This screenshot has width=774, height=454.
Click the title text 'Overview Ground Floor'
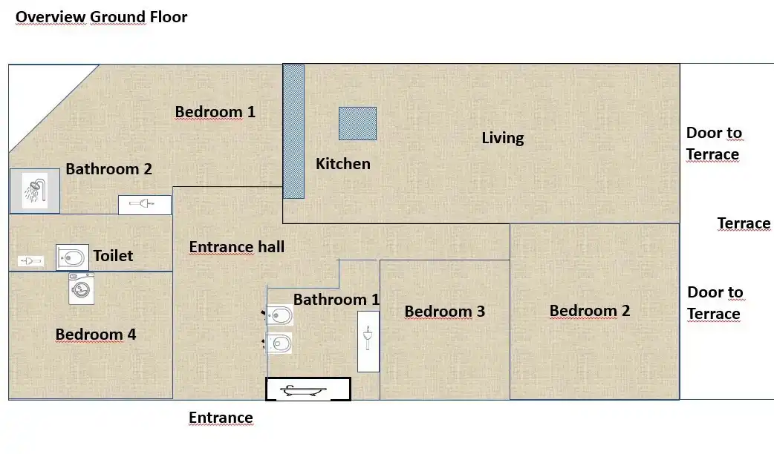pos(102,16)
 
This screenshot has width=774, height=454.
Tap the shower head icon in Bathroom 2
pos(34,191)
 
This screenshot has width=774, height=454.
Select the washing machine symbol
pos(81,289)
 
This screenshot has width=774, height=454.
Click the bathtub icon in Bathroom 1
pos(308,389)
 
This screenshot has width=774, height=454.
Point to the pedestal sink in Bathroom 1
pos(368,340)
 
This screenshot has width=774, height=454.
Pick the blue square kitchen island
pos(357,123)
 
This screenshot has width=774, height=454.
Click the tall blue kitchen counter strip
pos(293,131)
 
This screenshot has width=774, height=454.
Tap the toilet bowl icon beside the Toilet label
pos(72,257)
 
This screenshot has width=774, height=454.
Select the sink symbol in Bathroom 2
pos(144,204)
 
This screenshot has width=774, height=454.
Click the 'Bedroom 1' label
pos(215,112)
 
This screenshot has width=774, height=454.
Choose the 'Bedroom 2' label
pos(589,310)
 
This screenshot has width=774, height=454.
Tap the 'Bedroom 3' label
pos(444,312)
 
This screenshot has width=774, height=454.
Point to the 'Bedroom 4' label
pos(95,335)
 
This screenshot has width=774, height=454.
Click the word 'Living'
pos(502,138)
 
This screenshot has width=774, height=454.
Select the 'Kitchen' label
pos(342,163)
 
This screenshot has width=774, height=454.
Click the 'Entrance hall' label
pos(236,247)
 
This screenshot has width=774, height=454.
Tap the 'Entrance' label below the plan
pos(221,418)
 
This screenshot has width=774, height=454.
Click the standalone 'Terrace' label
pos(744,223)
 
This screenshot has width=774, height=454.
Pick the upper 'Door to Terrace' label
pos(713,144)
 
